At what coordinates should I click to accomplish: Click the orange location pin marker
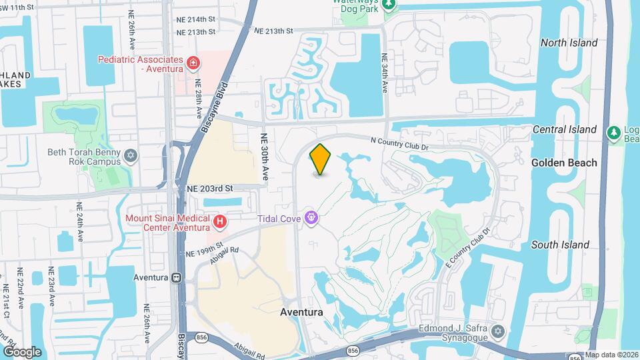[321, 159]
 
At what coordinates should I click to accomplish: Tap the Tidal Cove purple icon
[310, 217]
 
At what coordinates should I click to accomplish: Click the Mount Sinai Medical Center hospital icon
[219, 221]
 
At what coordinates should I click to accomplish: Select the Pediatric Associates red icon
[193, 63]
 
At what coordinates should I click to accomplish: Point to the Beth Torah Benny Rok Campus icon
[131, 156]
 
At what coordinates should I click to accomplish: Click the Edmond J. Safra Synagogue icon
[497, 331]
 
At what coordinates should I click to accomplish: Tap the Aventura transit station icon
[177, 277]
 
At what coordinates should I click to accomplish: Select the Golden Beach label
[564, 163]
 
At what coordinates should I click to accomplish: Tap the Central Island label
[564, 129]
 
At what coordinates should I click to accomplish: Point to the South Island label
[560, 245]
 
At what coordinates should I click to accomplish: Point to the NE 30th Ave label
[265, 156]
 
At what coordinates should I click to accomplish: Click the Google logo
[21, 351]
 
